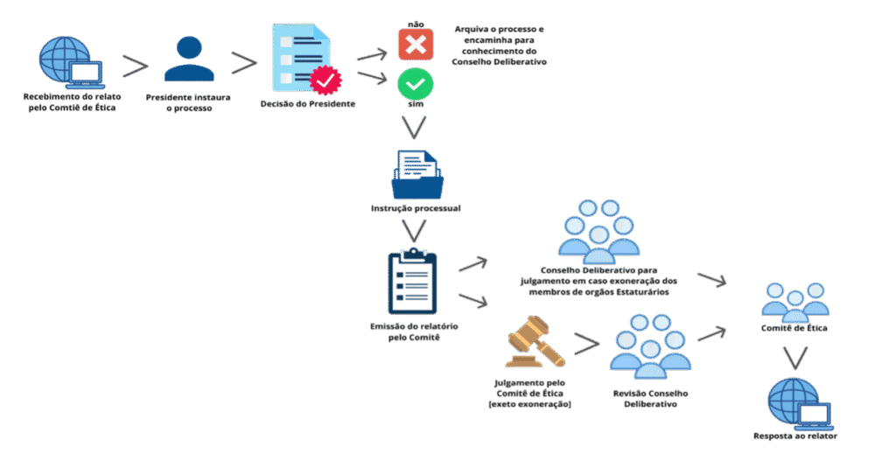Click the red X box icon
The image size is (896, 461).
click(416, 44)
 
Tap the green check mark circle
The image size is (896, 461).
click(416, 83)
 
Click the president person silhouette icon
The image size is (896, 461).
click(189, 59)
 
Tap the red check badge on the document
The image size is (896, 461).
click(326, 80)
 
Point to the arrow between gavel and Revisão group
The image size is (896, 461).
click(586, 343)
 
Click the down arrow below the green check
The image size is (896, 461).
click(415, 129)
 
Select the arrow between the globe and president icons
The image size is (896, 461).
click(135, 65)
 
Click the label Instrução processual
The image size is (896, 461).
click(416, 209)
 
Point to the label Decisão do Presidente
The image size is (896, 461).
click(308, 104)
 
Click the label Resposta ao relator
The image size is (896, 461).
click(792, 435)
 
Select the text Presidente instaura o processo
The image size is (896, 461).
click(189, 103)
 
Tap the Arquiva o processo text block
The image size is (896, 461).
click(499, 46)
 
